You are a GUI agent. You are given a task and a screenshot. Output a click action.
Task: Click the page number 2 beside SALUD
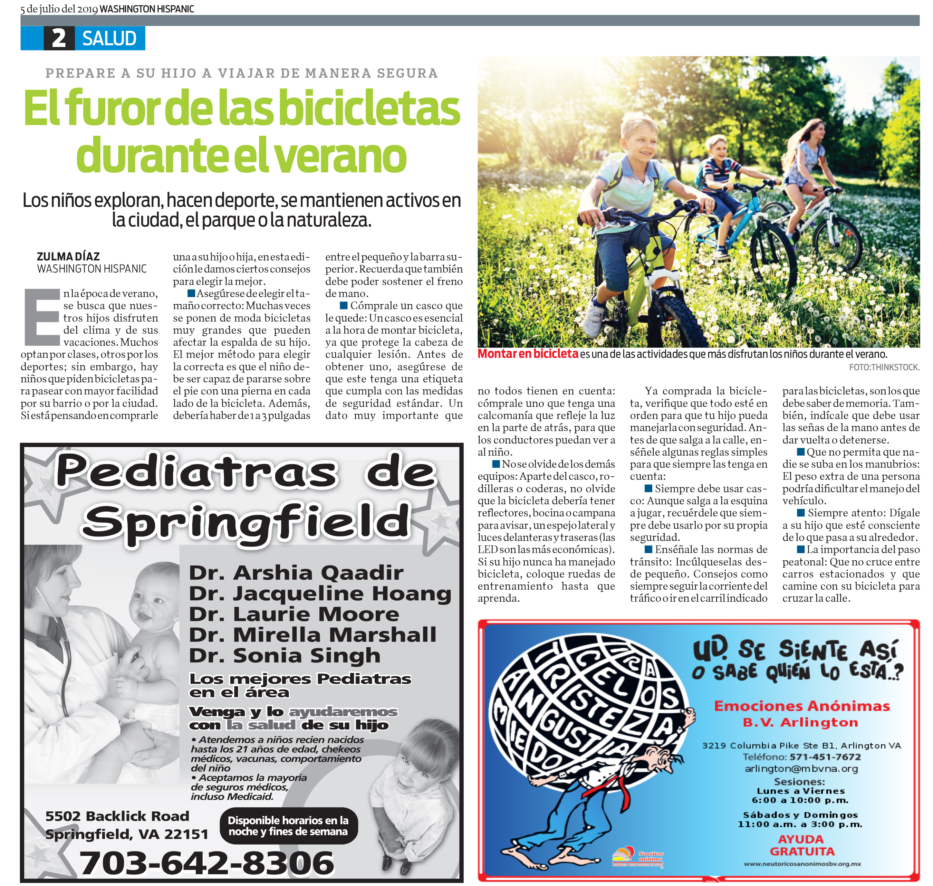coord(59,38)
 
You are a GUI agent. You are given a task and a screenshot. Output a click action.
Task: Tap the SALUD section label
coord(109,38)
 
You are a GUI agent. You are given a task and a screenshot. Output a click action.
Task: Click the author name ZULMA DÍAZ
coord(68,256)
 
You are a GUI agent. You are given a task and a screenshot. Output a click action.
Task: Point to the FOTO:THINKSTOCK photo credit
coord(884,367)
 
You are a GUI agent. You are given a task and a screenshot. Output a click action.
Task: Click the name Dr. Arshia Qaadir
coord(296,572)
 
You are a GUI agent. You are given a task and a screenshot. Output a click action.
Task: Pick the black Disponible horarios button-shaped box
coord(288,826)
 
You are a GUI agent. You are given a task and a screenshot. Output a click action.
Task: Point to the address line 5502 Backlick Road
coord(117,816)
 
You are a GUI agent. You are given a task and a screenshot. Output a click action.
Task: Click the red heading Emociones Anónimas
coord(801,706)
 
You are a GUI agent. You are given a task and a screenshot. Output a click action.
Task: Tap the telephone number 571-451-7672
coord(825,756)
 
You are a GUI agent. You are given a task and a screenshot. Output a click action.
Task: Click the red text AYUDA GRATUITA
coord(802,845)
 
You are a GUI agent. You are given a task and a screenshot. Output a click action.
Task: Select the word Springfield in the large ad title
coord(246,522)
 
